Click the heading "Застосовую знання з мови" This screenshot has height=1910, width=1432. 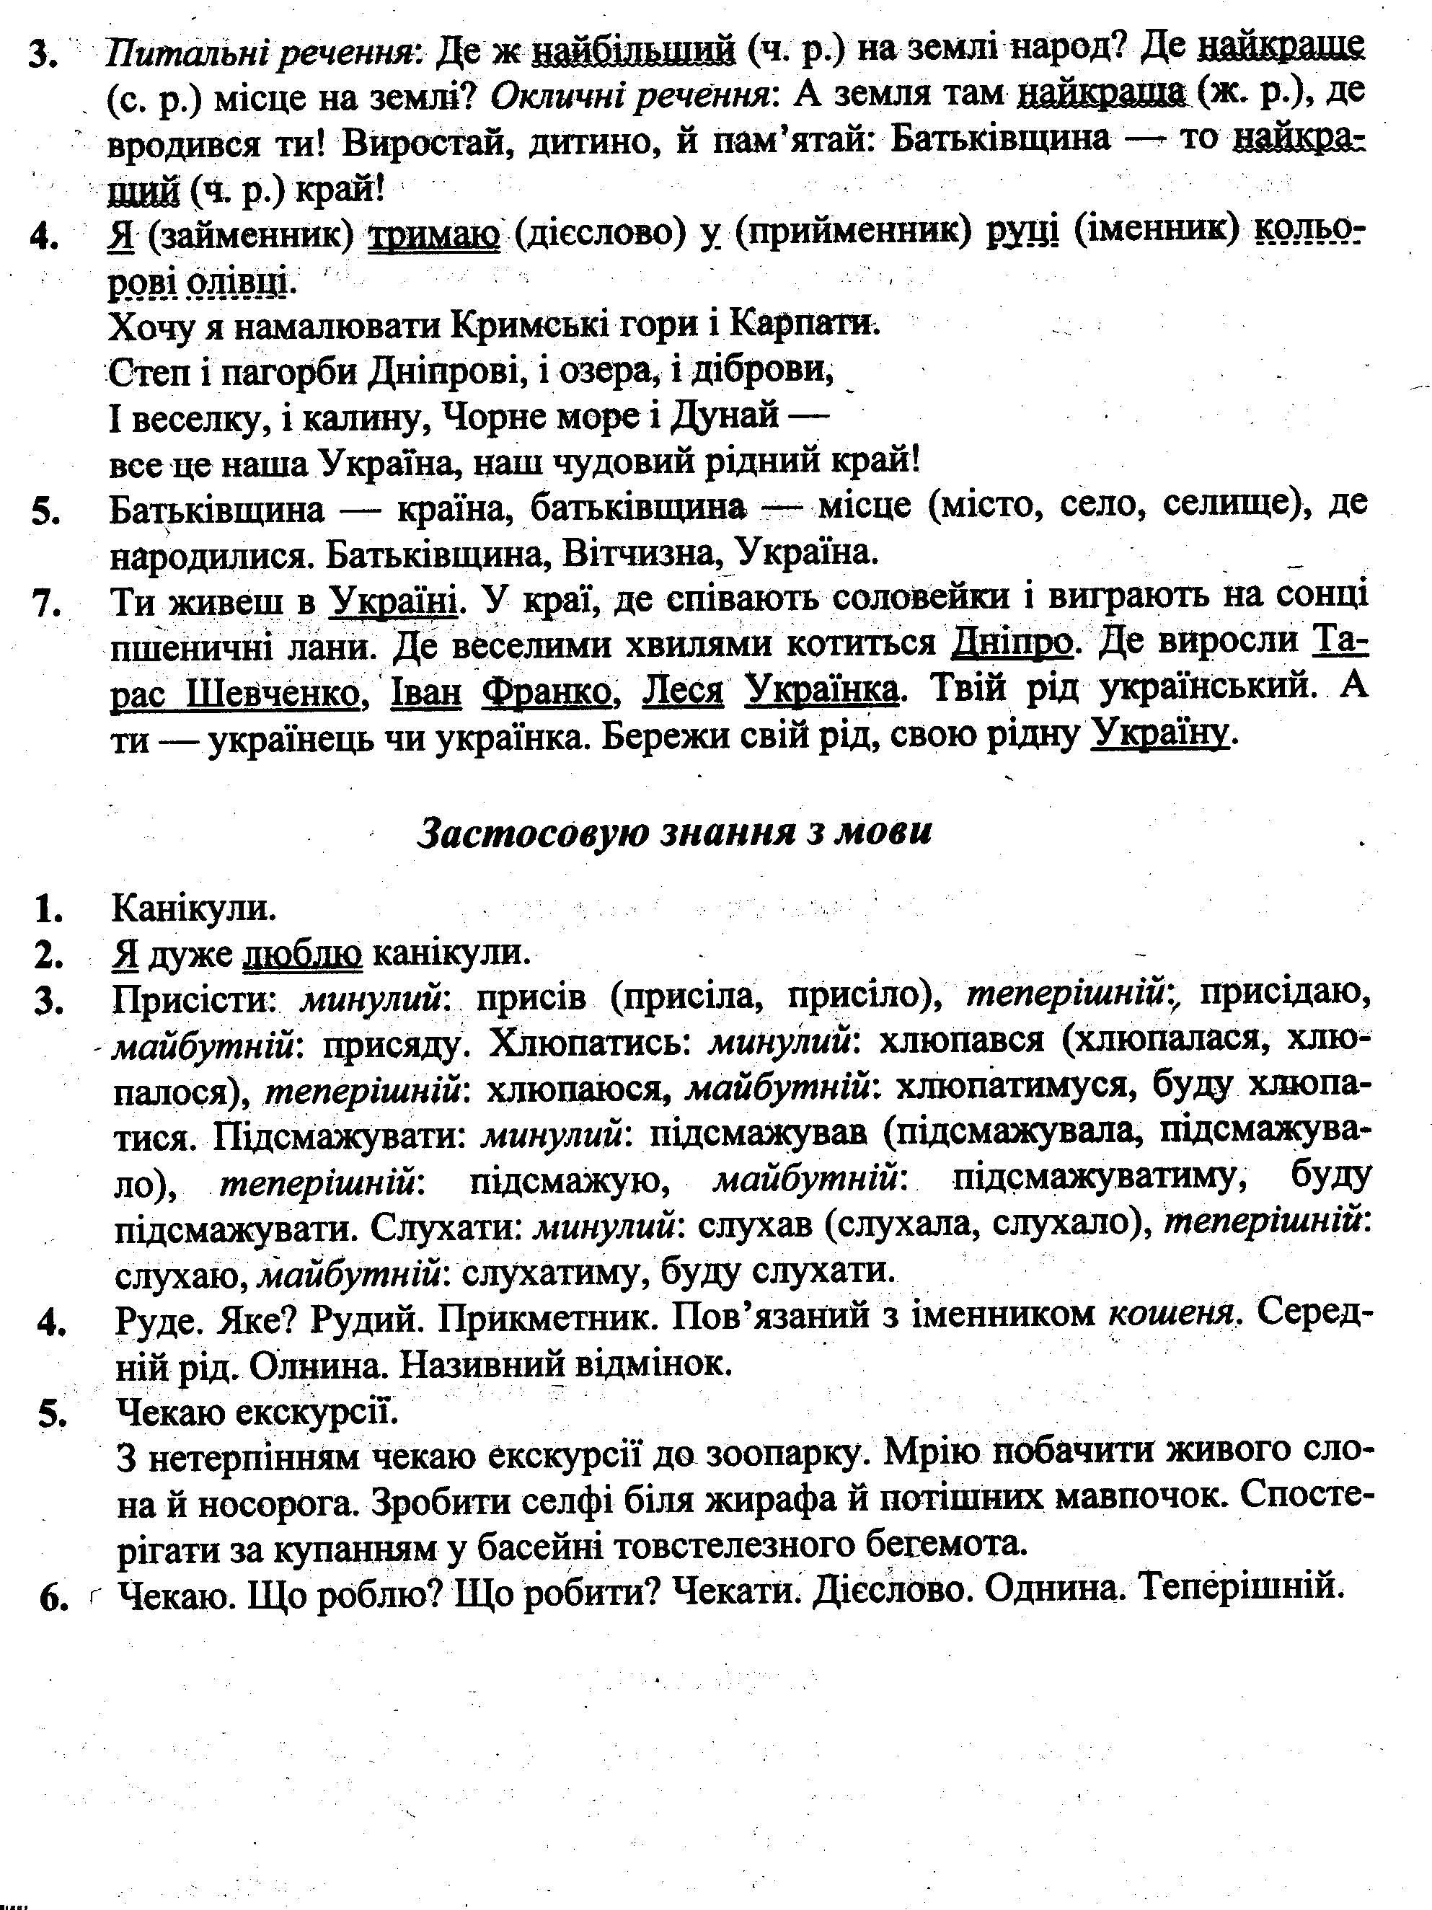[675, 831]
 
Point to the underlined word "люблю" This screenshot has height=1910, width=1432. [304, 952]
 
